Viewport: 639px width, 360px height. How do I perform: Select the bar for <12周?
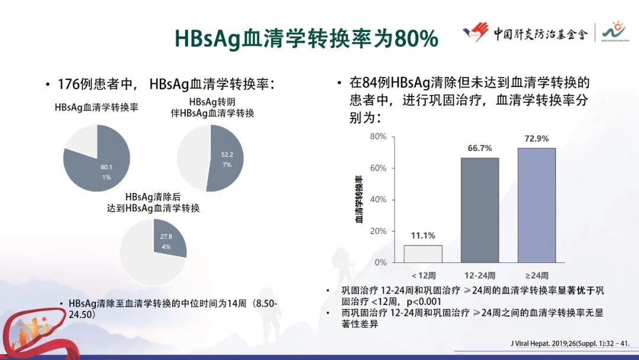pyautogui.click(x=423, y=253)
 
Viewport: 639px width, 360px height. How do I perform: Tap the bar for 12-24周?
pyautogui.click(x=480, y=210)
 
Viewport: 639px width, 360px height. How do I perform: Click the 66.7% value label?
pyautogui.click(x=479, y=149)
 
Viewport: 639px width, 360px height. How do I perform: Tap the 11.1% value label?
pyautogui.click(x=423, y=236)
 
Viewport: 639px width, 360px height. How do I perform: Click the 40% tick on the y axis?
pyautogui.click(x=378, y=200)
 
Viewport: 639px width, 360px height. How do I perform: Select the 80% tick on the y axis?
pyautogui.click(x=378, y=137)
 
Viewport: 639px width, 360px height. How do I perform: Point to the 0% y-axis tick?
pyautogui.click(x=380, y=262)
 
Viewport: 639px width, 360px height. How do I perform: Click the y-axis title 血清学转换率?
pyautogui.click(x=359, y=199)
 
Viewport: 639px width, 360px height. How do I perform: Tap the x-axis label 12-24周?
pyautogui.click(x=480, y=275)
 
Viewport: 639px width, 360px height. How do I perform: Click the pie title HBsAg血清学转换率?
pyautogui.click(x=96, y=107)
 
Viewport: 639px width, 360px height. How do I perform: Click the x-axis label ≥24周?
pyautogui.click(x=537, y=275)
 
